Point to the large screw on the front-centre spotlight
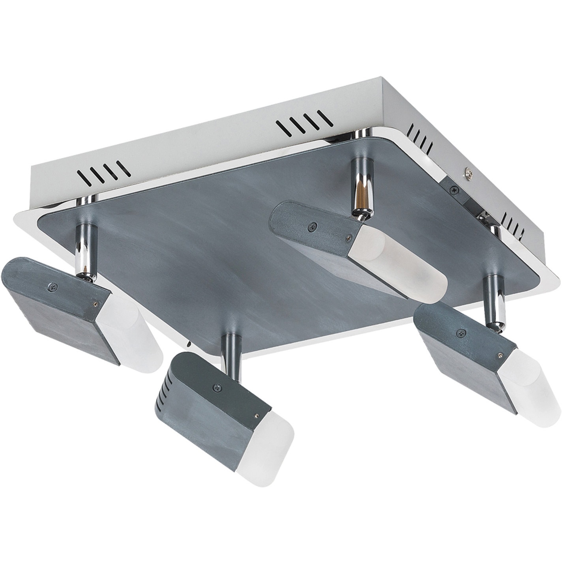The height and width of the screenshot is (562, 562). (216, 388)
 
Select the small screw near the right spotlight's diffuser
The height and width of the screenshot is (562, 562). (500, 354)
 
